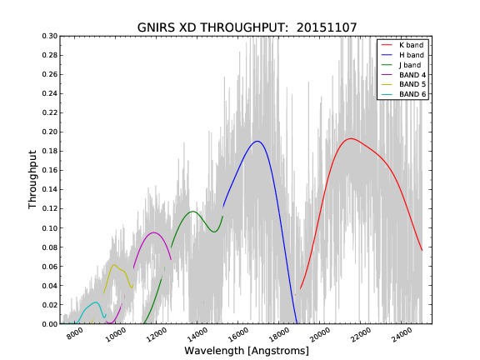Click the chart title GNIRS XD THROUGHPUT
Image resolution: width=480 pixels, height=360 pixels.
tap(212, 27)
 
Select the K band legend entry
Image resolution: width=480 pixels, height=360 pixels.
tap(412, 45)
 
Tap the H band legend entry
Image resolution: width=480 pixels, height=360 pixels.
tap(412, 55)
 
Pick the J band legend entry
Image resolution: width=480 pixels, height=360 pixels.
tap(410, 65)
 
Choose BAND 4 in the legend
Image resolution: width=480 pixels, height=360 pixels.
tap(412, 75)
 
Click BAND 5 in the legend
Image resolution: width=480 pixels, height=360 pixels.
tap(412, 84)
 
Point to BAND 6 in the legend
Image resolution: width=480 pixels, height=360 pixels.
tap(412, 94)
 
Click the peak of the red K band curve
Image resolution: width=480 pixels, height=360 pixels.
tap(351, 138)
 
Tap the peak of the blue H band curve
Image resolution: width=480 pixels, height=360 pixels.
tap(257, 141)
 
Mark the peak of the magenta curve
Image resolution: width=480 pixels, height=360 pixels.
tap(154, 232)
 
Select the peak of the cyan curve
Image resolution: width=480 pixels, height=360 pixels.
tap(96, 302)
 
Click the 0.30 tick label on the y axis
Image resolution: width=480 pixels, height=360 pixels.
tap(50, 36)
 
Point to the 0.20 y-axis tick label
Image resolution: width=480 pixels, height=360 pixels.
tap(50, 132)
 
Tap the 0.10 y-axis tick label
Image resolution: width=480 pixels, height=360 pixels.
tap(50, 228)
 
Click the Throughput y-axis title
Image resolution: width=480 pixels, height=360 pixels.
tap(32, 179)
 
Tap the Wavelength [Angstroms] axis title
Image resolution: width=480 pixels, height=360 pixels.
tap(247, 351)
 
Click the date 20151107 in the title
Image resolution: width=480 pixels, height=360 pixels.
tap(327, 27)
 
